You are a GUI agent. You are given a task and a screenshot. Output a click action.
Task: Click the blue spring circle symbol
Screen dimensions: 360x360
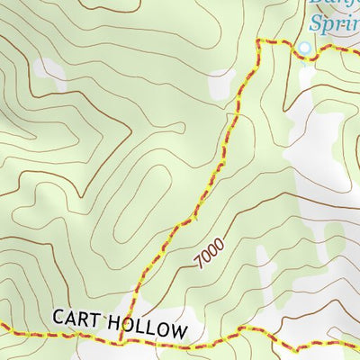tap(304, 49)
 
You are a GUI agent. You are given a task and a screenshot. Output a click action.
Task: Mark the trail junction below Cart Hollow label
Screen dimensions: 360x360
tap(121, 340)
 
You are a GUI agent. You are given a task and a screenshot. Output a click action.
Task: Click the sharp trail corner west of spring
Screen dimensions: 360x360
tap(258, 42)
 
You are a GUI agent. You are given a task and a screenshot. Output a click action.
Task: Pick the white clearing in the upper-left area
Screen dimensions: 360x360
tap(50, 70)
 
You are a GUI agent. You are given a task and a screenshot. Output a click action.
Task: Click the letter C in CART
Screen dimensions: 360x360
tap(58, 317)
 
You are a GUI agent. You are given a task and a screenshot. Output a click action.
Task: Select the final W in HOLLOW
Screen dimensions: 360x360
tap(179, 332)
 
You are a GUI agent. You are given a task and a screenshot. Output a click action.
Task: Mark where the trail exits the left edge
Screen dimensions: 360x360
tap(2, 329)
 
